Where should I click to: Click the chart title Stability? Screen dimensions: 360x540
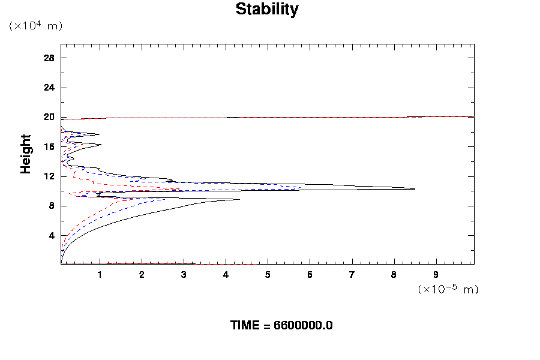267,10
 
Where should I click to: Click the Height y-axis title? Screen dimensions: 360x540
26,161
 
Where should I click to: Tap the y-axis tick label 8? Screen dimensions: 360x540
52,206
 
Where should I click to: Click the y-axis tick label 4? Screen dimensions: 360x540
52,235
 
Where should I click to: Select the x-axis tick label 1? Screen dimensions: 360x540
100,275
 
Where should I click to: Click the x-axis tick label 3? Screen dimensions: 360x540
184,275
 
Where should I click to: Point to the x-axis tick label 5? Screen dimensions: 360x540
268,275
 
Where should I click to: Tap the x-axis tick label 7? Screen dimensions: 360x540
352,275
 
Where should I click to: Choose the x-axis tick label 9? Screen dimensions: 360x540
436,275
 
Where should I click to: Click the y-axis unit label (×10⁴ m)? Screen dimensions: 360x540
35,26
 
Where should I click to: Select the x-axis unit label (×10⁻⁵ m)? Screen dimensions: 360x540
448,289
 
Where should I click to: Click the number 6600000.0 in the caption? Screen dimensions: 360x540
303,326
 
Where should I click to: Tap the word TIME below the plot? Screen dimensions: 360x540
245,326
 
